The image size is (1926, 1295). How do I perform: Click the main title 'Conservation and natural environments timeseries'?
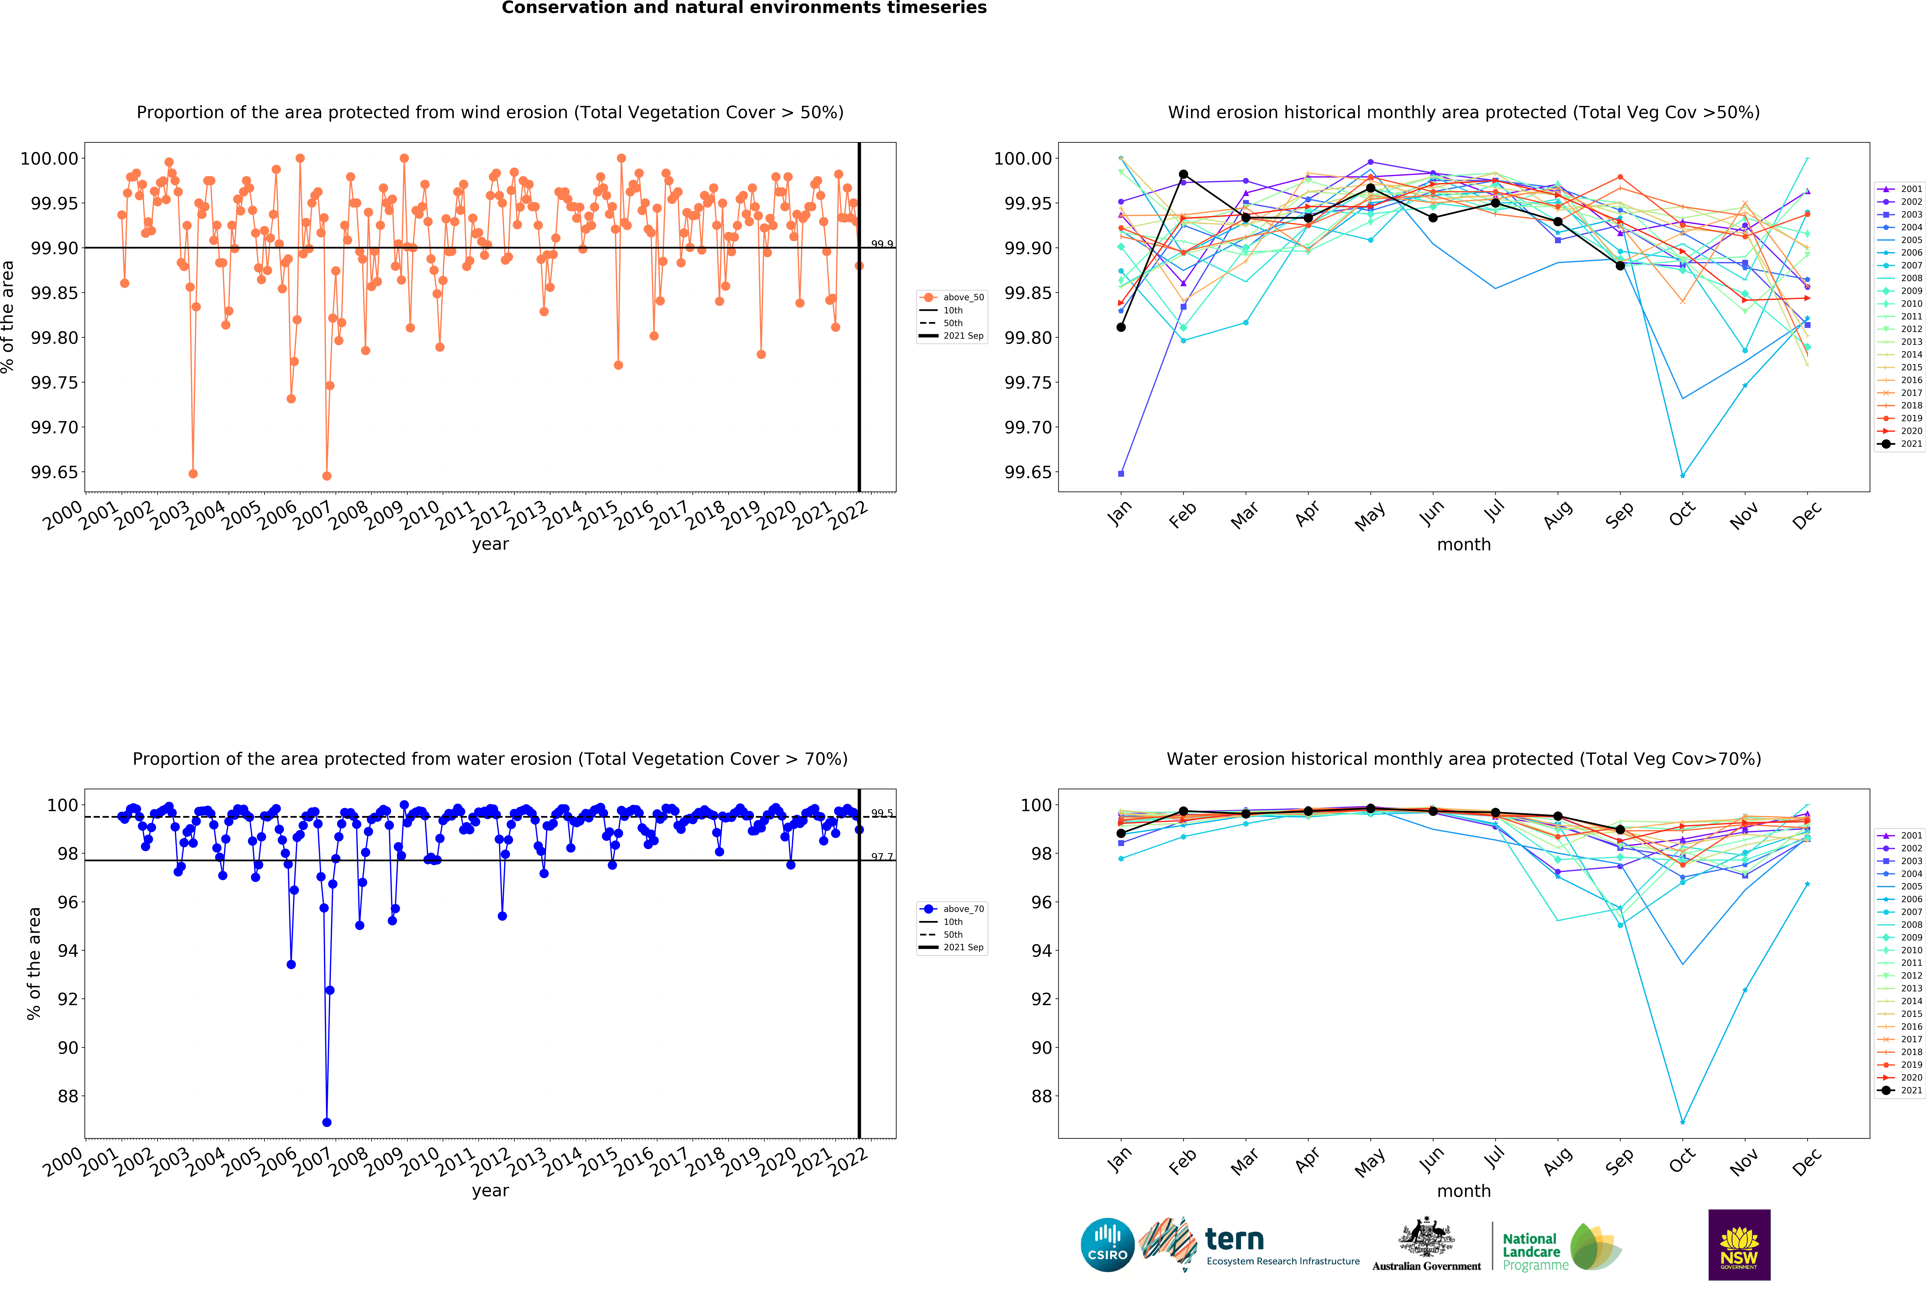[x=744, y=8]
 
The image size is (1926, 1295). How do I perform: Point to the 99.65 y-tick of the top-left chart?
[x=55, y=472]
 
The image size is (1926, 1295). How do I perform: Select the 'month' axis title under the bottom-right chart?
[x=1464, y=1191]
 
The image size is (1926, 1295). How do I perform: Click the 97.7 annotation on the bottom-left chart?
[x=882, y=856]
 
